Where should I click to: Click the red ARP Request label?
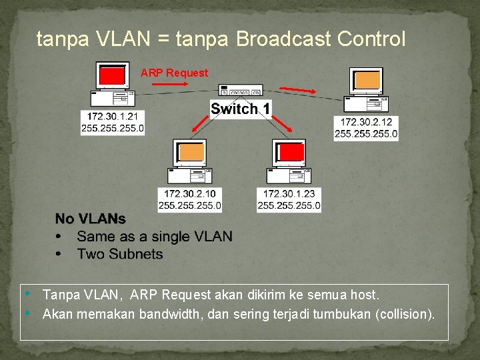click(174, 73)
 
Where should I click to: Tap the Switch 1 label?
click(241, 109)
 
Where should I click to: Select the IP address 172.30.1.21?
click(113, 116)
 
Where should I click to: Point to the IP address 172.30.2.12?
click(366, 122)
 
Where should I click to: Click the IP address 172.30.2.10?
click(189, 194)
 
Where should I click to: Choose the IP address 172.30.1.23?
click(289, 194)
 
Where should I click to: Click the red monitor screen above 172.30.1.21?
click(112, 75)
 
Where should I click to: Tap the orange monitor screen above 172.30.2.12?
click(368, 80)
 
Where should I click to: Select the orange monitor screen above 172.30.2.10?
click(190, 153)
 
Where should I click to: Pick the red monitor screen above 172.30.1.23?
click(291, 153)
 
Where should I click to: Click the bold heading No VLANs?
click(90, 219)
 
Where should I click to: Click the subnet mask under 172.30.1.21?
click(113, 128)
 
